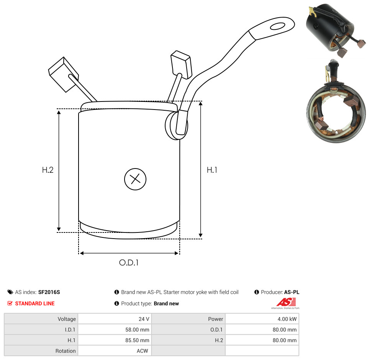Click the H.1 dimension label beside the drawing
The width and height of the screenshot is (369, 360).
point(212,170)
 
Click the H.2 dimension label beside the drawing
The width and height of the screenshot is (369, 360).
point(48,170)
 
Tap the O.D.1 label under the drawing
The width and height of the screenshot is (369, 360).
point(129,262)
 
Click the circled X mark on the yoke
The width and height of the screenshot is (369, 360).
point(135,179)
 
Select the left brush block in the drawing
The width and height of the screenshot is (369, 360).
point(63,74)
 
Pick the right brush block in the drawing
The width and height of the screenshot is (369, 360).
point(181,64)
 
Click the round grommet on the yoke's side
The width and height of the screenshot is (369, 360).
point(176,125)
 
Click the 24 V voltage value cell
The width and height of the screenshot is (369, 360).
point(144,319)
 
